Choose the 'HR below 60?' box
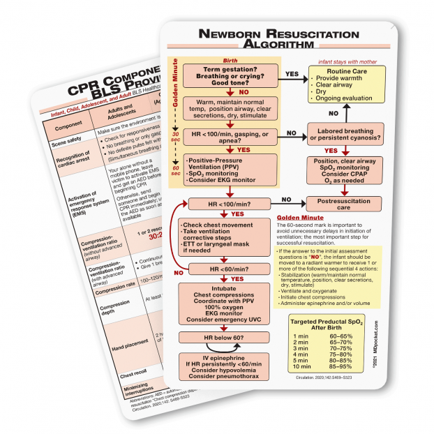[225, 338]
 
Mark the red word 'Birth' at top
[230, 60]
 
